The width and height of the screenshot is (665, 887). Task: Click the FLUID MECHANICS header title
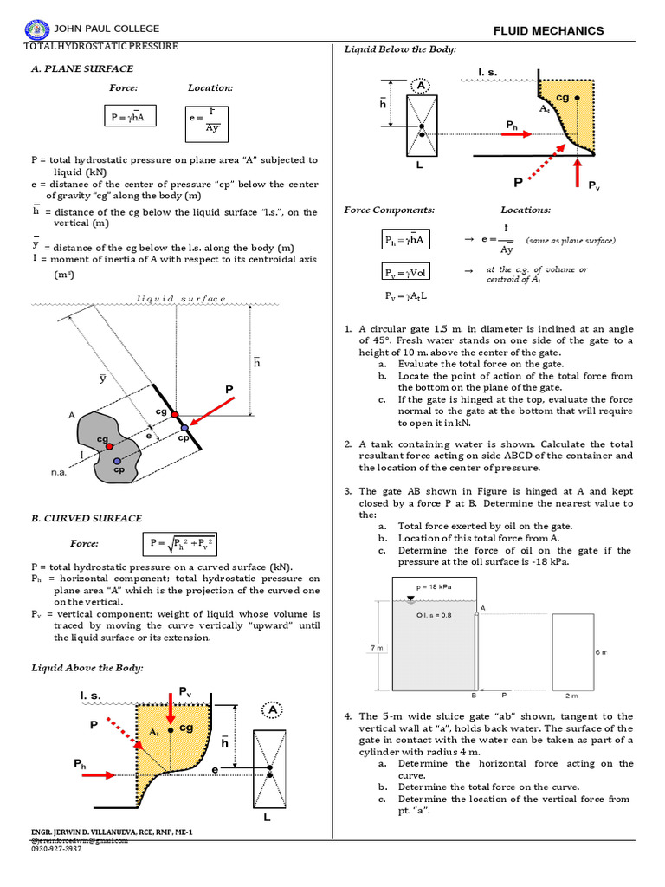point(548,31)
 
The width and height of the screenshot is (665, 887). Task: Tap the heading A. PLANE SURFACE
point(82,68)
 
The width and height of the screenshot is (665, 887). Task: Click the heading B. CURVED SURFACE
point(87,518)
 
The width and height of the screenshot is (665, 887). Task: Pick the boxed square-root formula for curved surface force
point(183,544)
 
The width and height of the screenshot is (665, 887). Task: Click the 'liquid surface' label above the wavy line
point(182,299)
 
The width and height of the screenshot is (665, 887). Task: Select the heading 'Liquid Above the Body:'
point(87,668)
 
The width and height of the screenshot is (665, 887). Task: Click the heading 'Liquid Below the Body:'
point(400,49)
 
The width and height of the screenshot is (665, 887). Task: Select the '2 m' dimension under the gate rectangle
point(572,696)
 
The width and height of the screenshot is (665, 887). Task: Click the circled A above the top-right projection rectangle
point(422,87)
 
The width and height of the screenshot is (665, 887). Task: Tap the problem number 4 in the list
point(347,716)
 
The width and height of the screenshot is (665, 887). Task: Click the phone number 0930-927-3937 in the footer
point(56,849)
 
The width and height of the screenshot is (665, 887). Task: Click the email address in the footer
point(79,840)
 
